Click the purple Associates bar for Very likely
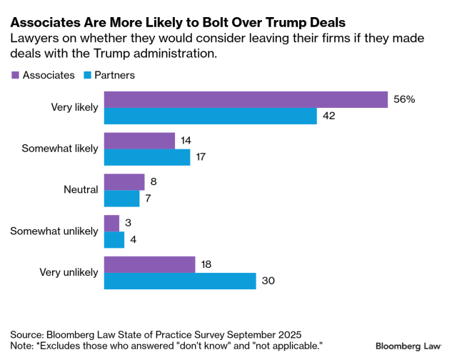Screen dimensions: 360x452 tap(246, 100)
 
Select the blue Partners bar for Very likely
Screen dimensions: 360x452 tap(210, 116)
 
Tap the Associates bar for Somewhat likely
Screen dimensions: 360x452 tap(139, 141)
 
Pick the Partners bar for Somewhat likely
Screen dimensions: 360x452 tap(147, 157)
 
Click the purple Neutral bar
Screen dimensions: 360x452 tap(124, 182)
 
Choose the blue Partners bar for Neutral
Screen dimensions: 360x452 tap(121, 199)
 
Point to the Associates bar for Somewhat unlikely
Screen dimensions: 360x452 tap(111, 224)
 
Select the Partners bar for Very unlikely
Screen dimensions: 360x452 tap(180, 281)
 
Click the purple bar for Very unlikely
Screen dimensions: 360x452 tap(149, 264)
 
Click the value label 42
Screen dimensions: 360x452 tap(329, 116)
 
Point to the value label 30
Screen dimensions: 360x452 tap(268, 281)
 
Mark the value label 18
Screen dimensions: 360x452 tap(207, 264)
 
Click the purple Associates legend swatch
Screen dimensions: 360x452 tap(15, 75)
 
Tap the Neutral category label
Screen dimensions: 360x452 tap(80, 190)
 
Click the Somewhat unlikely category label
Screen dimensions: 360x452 tap(54, 231)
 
